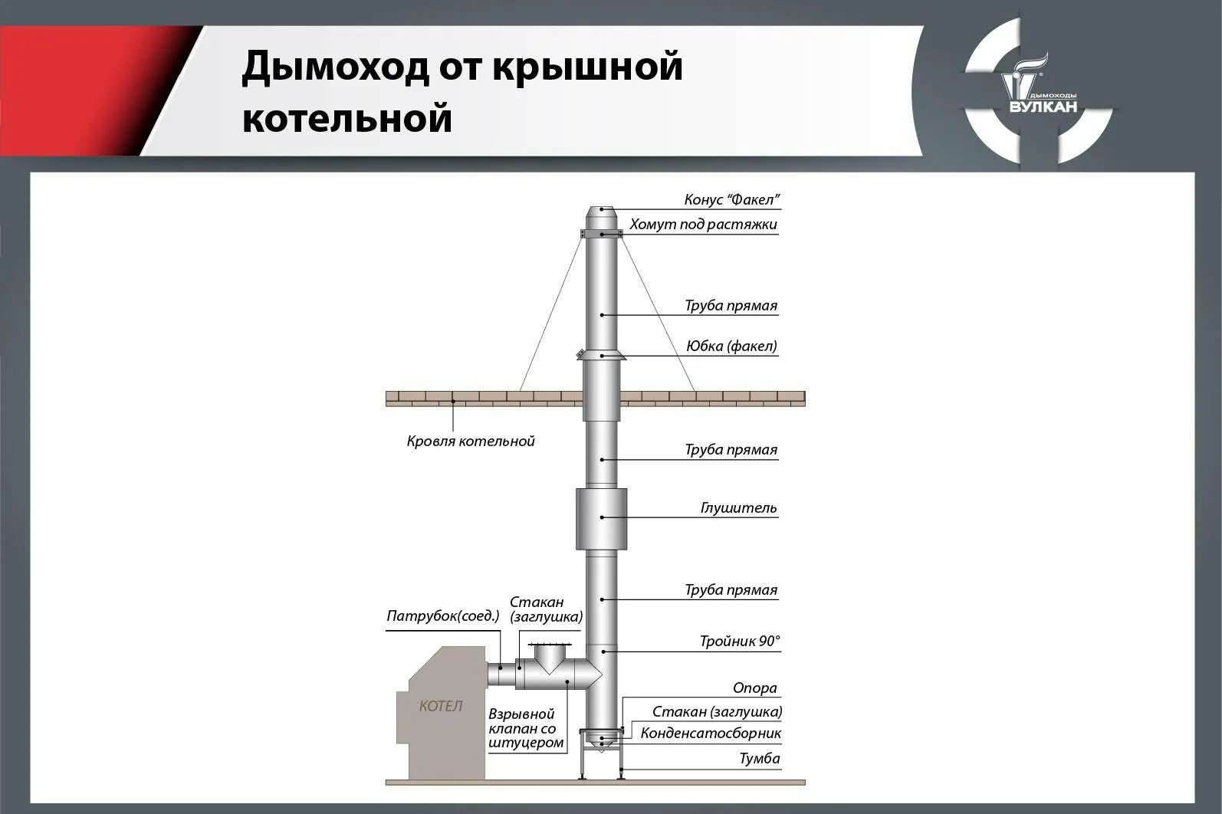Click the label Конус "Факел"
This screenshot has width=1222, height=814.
[731, 200]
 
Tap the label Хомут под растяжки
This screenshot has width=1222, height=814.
[703, 225]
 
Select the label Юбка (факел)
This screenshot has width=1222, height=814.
[731, 346]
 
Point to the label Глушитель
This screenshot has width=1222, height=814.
[738, 508]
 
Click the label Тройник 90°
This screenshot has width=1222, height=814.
[739, 642]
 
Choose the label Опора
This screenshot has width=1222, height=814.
[754, 688]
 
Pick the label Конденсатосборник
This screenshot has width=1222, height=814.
[711, 734]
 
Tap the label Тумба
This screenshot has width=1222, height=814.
[759, 759]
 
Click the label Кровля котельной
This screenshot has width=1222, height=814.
[470, 441]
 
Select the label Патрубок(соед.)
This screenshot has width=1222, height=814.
[443, 616]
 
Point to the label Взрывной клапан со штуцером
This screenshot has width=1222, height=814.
[526, 728]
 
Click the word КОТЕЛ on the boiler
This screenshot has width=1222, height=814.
[441, 706]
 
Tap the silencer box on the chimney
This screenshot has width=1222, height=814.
[601, 519]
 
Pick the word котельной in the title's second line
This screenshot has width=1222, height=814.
[347, 120]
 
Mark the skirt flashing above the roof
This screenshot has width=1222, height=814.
[602, 356]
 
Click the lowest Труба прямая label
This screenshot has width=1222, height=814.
[731, 590]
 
